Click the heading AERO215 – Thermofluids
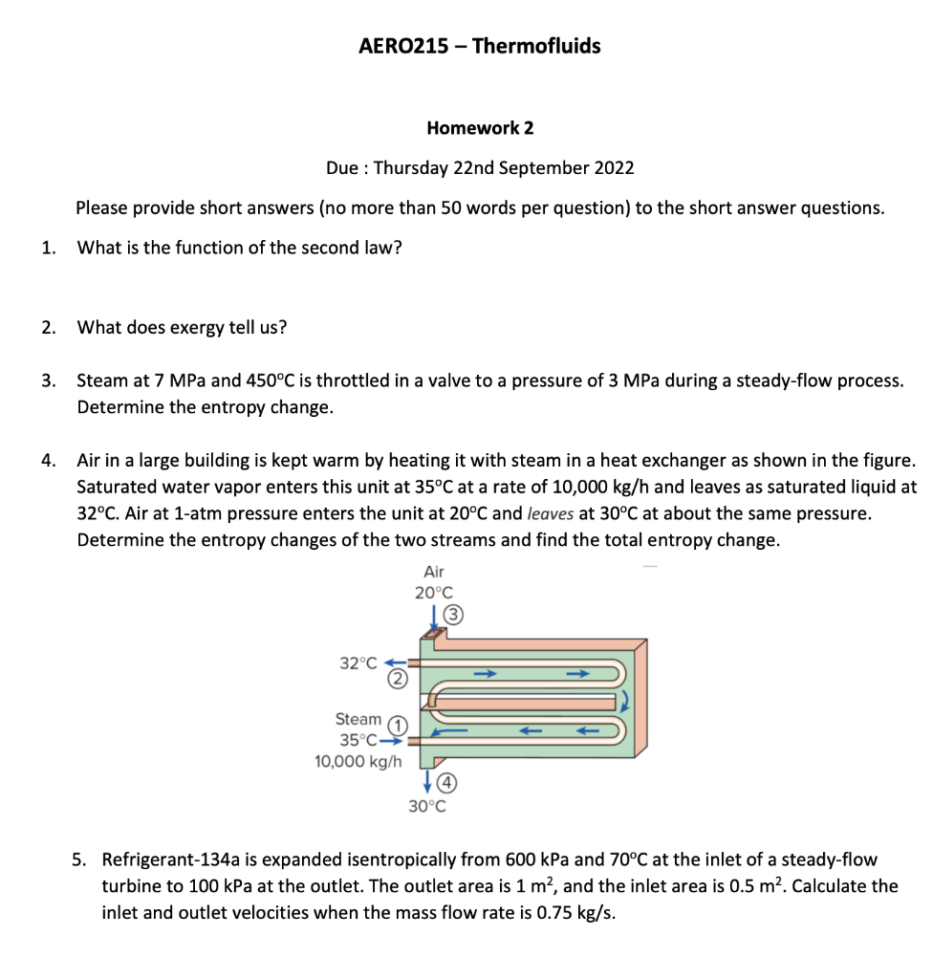pos(479,46)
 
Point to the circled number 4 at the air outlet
pos(445,783)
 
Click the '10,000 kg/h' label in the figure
pos(358,762)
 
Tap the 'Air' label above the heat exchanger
pos(434,572)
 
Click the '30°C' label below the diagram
pos(427,805)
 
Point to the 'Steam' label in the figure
pos(358,719)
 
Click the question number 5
pos(81,859)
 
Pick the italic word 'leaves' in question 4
pos(551,513)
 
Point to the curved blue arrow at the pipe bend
pos(626,700)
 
